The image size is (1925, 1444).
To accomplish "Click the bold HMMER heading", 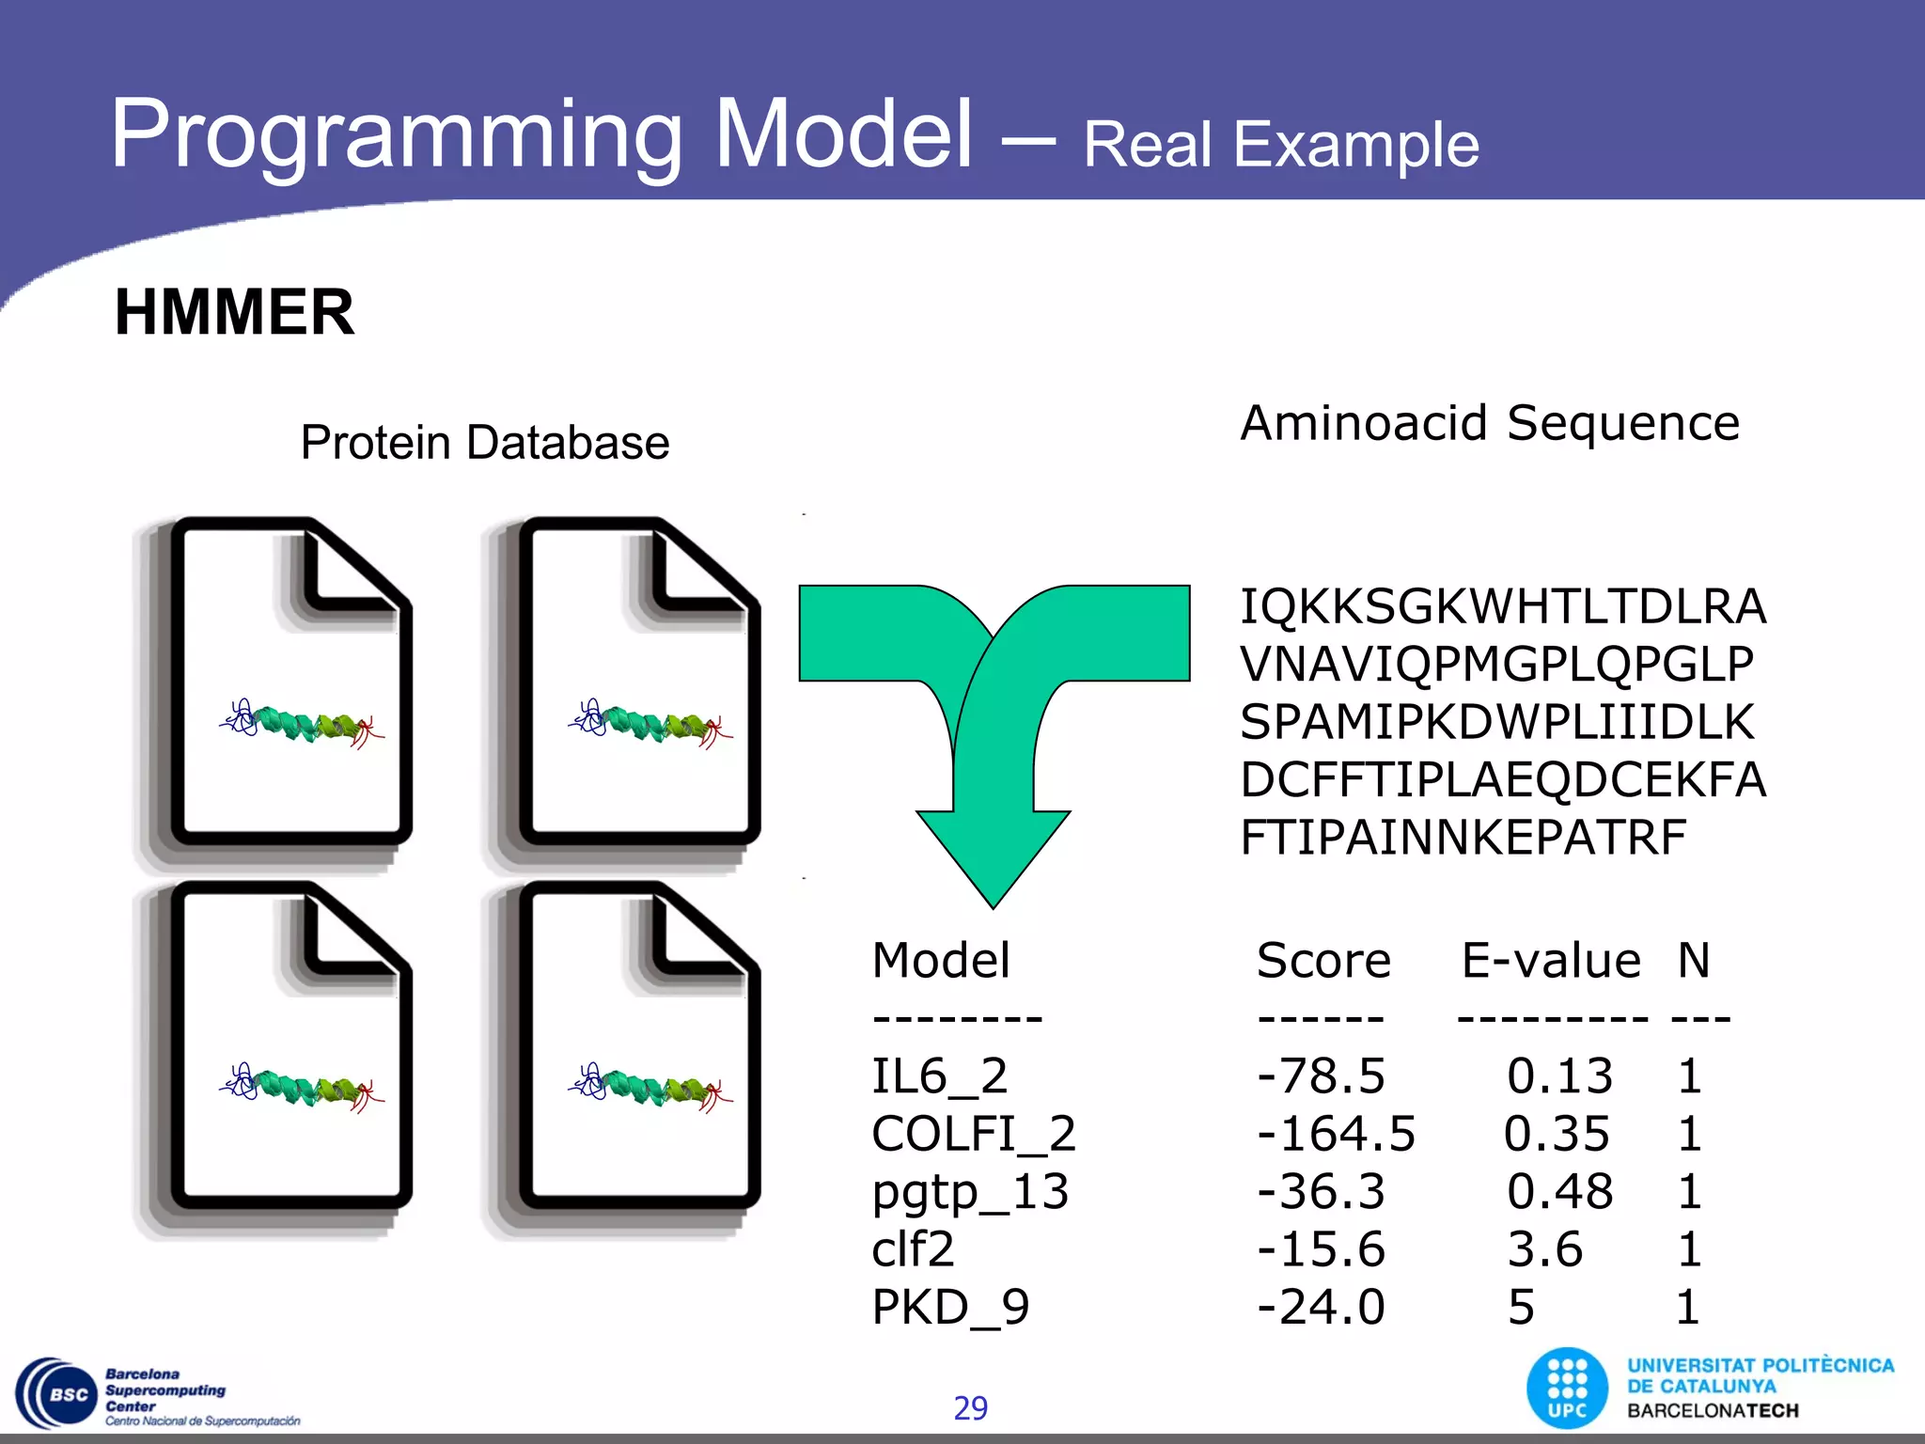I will tap(234, 312).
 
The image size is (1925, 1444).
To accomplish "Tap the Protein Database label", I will tap(484, 442).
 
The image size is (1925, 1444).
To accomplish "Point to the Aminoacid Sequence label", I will tap(1490, 423).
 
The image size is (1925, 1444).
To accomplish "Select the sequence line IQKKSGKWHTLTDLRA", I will tap(1502, 606).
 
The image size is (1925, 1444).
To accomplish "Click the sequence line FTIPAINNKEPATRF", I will tap(1463, 838).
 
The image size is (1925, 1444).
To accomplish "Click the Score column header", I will tap(1322, 961).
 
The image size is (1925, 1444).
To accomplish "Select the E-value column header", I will tap(1551, 961).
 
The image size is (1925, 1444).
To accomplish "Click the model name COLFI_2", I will tap(973, 1134).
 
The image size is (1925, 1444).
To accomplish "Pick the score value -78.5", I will tap(1321, 1075).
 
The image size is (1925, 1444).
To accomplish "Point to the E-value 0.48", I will tap(1559, 1191).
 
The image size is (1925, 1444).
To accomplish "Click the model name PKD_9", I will tap(950, 1307).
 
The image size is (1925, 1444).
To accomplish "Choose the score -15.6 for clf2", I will tap(1321, 1249).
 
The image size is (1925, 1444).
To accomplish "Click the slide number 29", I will tap(970, 1408).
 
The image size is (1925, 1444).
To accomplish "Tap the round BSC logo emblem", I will tap(58, 1394).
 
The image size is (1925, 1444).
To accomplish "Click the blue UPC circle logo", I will tap(1567, 1389).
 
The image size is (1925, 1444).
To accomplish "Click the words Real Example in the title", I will tap(1280, 145).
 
